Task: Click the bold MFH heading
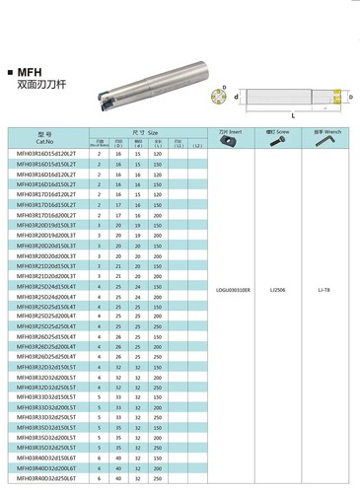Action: tap(32, 72)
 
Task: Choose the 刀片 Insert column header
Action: tap(233, 131)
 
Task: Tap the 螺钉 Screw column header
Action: tap(280, 131)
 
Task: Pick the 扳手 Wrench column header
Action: tap(327, 131)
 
